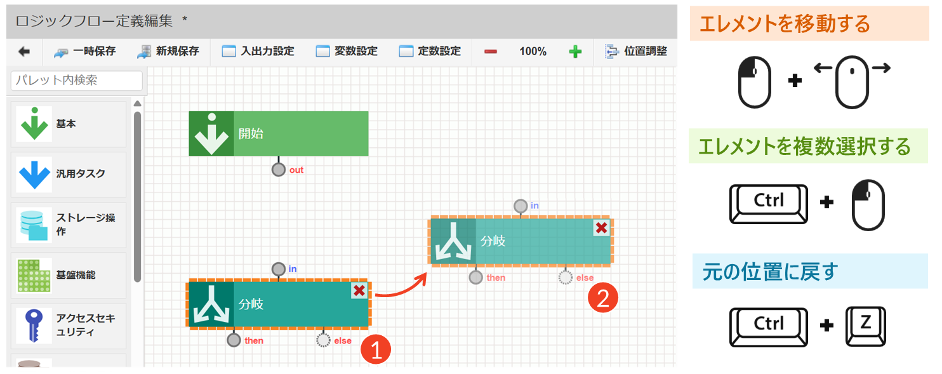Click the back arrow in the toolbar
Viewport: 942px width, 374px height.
point(24,51)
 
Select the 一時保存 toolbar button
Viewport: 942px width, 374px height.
point(85,51)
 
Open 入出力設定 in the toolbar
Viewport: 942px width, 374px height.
point(258,51)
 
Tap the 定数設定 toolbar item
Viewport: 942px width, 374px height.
point(430,51)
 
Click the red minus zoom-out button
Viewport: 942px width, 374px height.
point(491,51)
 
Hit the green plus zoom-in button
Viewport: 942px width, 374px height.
point(575,51)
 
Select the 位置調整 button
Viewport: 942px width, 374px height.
point(636,51)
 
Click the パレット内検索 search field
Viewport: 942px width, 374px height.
point(77,81)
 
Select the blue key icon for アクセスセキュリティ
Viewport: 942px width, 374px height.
point(34,325)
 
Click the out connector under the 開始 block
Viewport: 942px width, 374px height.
point(278,170)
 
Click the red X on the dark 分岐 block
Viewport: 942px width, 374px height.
point(359,291)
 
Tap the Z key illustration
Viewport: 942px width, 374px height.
point(865,325)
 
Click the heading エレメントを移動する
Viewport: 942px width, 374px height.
point(784,25)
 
